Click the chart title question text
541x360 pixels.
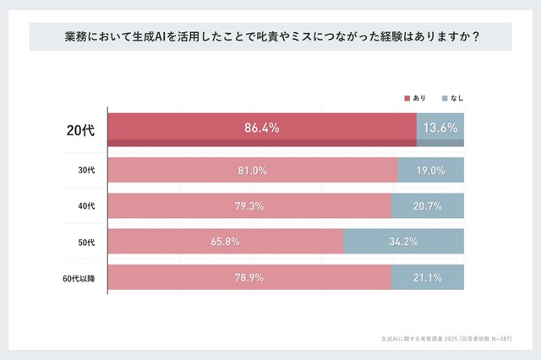point(270,37)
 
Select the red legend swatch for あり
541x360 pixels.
point(406,98)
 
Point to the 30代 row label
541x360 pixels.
point(86,170)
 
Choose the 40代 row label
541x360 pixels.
point(86,205)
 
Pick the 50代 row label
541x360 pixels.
point(86,242)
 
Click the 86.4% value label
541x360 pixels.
point(261,128)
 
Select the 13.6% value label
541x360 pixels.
point(440,128)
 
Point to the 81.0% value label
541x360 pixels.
point(252,170)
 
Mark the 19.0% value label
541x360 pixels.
point(431,170)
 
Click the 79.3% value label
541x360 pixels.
point(249,205)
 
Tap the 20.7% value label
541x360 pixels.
point(428,205)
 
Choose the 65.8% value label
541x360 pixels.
point(225,242)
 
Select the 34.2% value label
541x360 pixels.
point(403,242)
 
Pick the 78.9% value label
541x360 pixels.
point(249,278)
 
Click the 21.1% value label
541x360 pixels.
point(428,278)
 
